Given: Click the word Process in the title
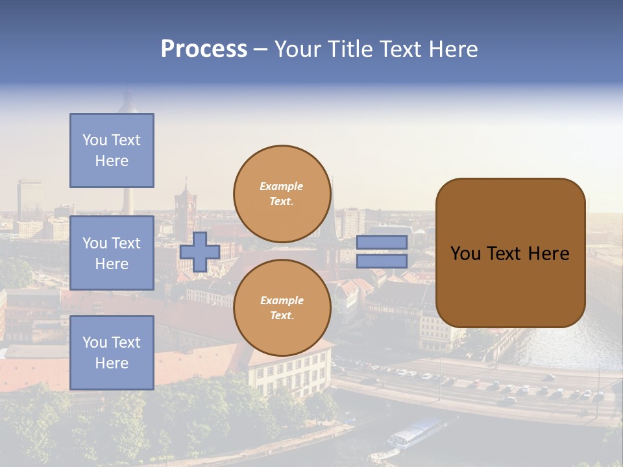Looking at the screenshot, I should (204, 49).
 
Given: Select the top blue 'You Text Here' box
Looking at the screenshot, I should (112, 150).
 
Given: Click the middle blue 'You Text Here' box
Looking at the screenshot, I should (112, 253).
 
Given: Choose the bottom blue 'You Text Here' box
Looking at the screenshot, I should (112, 353).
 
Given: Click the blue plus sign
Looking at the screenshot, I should (200, 252).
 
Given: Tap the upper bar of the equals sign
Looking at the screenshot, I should (382, 242).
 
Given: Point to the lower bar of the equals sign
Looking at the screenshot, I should (382, 261).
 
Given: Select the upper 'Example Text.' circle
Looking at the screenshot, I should (282, 194).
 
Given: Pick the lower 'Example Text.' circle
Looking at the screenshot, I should (282, 308).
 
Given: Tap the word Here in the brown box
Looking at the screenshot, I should (549, 254).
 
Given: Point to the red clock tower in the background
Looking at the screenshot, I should (184, 208).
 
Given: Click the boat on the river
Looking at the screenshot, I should (415, 433).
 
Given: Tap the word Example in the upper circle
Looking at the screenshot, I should (282, 186).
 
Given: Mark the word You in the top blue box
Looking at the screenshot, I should (94, 140).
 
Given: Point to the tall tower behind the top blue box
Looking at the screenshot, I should (128, 104).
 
